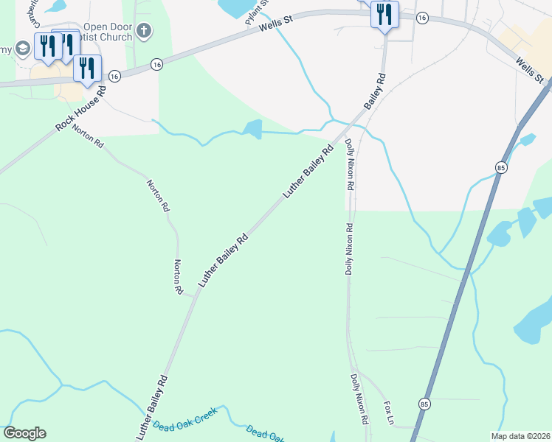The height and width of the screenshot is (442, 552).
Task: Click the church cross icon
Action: pos(145,32)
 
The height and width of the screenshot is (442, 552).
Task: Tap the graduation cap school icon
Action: pos(23,49)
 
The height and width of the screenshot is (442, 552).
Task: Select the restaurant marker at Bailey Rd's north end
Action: pos(384,15)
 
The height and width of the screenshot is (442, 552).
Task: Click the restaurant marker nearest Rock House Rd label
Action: pos(88,68)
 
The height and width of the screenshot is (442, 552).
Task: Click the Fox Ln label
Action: pos(390,412)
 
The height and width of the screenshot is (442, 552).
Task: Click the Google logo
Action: pos(24,433)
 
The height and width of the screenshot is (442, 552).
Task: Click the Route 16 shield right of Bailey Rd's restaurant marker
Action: pos(421,16)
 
